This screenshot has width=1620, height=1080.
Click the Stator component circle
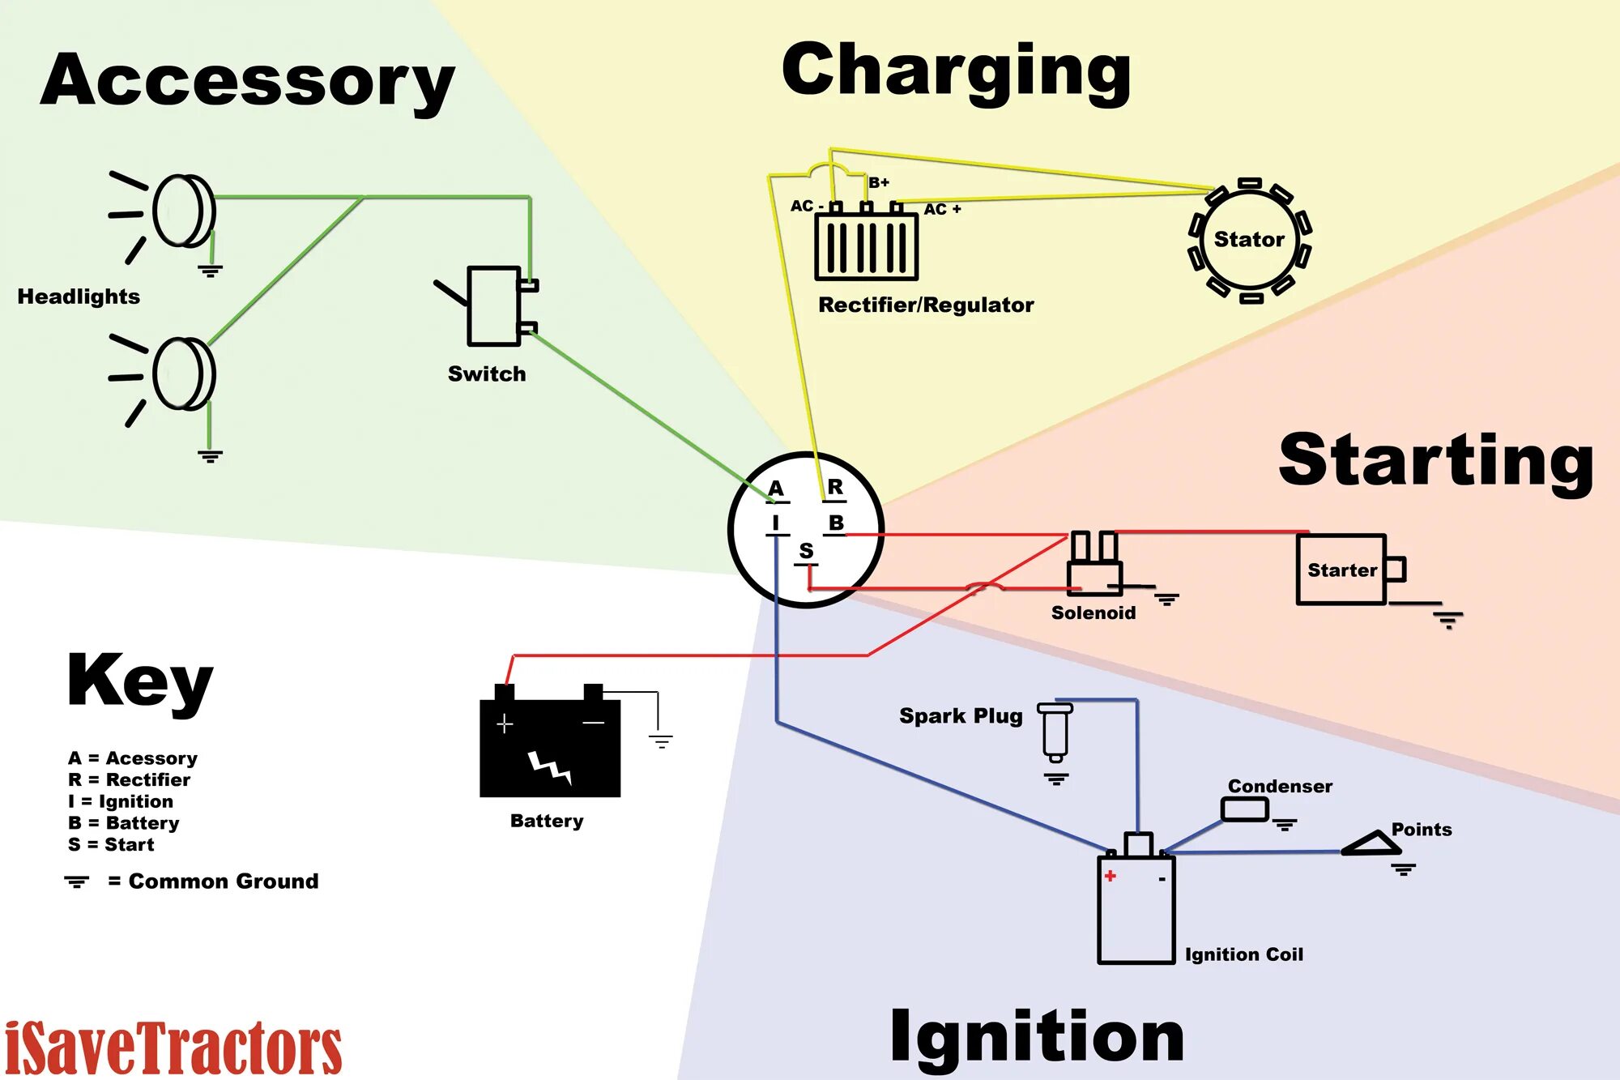point(1249,240)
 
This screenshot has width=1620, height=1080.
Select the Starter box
point(1341,570)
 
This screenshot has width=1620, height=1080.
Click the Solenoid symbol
point(1094,566)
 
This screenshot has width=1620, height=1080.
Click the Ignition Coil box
point(1136,907)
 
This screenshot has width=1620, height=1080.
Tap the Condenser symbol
point(1244,809)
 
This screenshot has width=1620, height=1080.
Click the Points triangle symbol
point(1372,845)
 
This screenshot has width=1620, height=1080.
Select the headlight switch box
point(493,306)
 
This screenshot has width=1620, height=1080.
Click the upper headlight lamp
point(185,211)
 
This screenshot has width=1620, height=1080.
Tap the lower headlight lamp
point(185,374)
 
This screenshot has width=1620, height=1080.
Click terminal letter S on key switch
point(806,551)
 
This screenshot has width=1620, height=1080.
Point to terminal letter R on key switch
point(835,487)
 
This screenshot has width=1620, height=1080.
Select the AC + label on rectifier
point(942,209)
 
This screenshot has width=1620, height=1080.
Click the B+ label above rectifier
point(879,183)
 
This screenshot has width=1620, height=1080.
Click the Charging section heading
point(956,73)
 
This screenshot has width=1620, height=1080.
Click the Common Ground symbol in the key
point(77,882)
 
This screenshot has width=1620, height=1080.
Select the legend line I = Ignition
point(121,801)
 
